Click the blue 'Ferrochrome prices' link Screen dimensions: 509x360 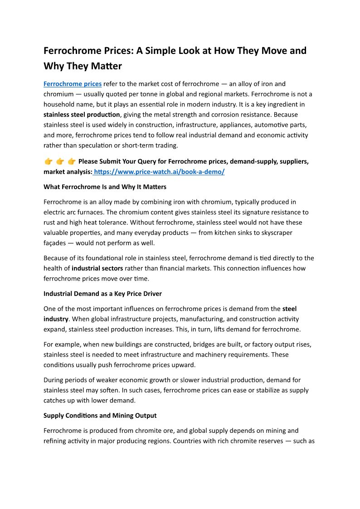pos(73,84)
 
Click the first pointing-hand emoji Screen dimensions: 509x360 pos(49,162)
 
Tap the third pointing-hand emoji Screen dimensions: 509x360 pos(71,162)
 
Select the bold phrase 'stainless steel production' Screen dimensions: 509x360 pos(82,115)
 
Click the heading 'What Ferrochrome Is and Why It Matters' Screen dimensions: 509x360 pos(105,187)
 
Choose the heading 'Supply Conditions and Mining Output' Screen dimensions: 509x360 pos(100,415)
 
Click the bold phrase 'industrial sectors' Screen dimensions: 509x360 pos(97,268)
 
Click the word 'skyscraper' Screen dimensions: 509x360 pos(275,233)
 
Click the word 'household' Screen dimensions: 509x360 pos(62,104)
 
